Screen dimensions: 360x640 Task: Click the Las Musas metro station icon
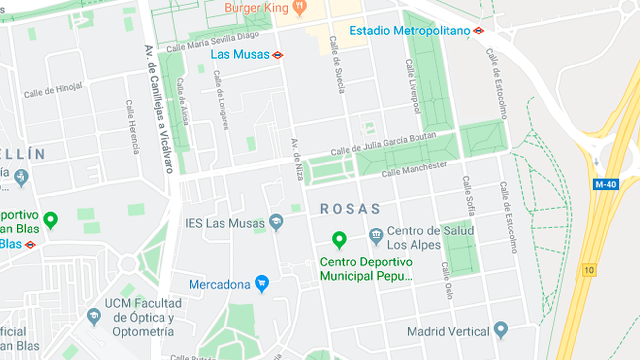coord(278,55)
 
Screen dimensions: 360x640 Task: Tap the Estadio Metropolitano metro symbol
coord(479,31)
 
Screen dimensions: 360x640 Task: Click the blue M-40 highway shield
coord(606,184)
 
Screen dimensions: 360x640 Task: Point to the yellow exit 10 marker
coord(589,270)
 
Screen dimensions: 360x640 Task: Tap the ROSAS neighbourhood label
coord(351,209)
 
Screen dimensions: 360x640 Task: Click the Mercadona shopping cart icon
coord(262,284)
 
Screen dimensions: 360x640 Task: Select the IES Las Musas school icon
coord(276,222)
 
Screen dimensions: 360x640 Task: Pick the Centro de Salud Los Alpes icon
coord(376,237)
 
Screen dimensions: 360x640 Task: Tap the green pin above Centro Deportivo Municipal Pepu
coord(339,240)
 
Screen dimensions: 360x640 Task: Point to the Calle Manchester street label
coord(414,169)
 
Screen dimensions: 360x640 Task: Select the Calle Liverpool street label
coord(413,87)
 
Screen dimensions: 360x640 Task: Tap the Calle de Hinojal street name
coord(53,90)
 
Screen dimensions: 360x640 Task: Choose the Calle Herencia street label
coord(132,127)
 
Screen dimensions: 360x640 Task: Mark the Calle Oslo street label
coord(447,281)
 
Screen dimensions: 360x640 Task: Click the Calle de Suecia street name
coord(337,65)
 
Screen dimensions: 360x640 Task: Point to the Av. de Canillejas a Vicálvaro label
coord(159,108)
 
